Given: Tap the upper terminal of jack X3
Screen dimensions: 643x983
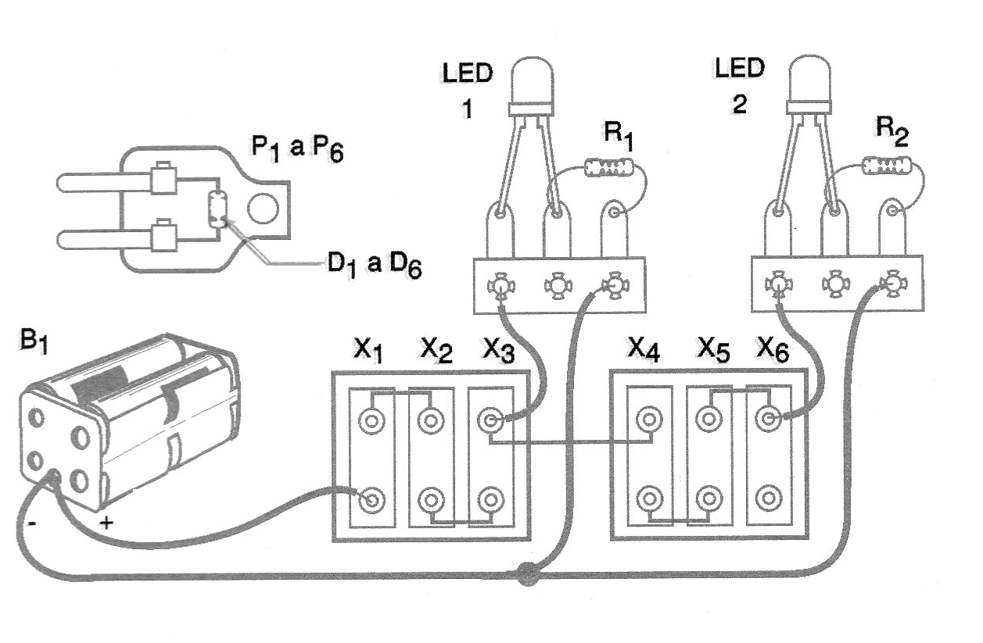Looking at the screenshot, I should coord(490,421).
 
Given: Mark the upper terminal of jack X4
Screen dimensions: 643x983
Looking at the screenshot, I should coord(648,420).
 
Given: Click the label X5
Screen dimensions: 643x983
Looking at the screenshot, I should coord(712,353).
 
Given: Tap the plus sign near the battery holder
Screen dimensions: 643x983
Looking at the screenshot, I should coord(106,523).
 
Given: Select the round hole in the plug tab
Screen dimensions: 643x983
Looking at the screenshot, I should coord(263,209).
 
